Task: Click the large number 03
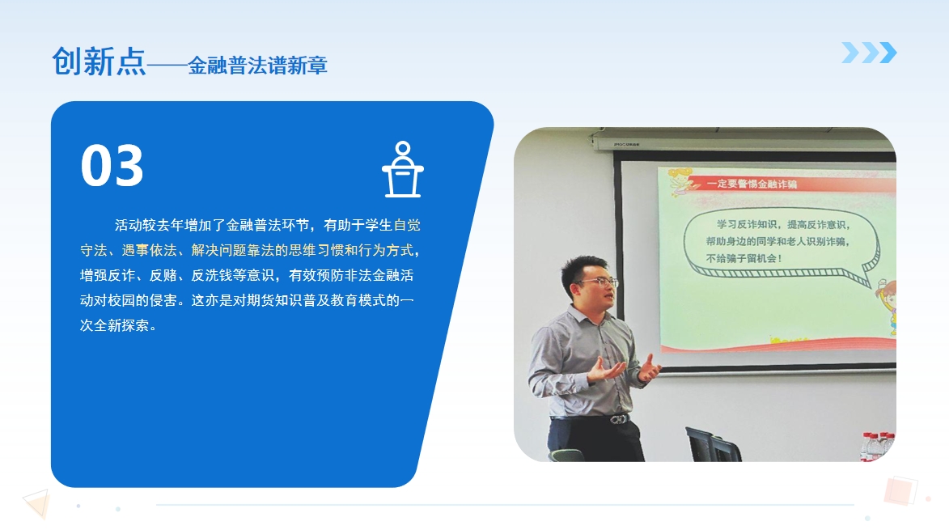(x=112, y=166)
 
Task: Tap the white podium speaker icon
(x=402, y=169)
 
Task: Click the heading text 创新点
(x=99, y=61)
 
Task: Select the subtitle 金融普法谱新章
(x=258, y=66)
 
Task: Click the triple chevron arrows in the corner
(x=869, y=53)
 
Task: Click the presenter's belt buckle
(x=618, y=418)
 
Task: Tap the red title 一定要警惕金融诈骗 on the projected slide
(x=752, y=184)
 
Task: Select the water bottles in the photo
(x=878, y=447)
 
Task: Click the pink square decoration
(x=900, y=490)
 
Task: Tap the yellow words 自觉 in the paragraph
(x=407, y=225)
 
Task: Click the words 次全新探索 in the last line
(x=114, y=325)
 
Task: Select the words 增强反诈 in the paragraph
(x=107, y=275)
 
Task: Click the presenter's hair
(x=583, y=269)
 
